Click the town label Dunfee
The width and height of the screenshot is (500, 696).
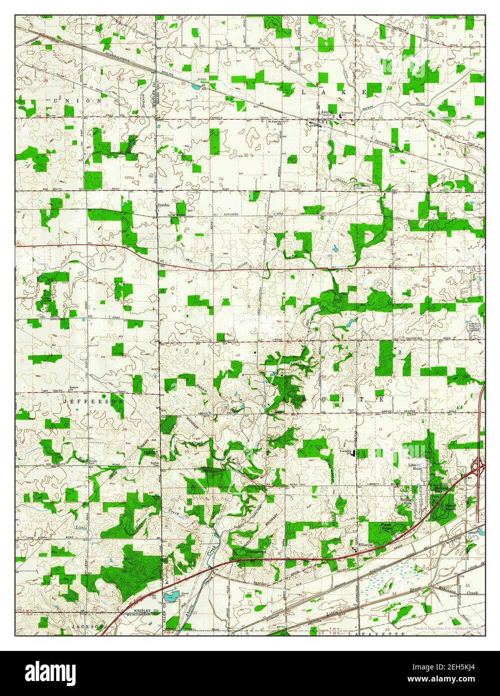(x=164, y=205)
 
